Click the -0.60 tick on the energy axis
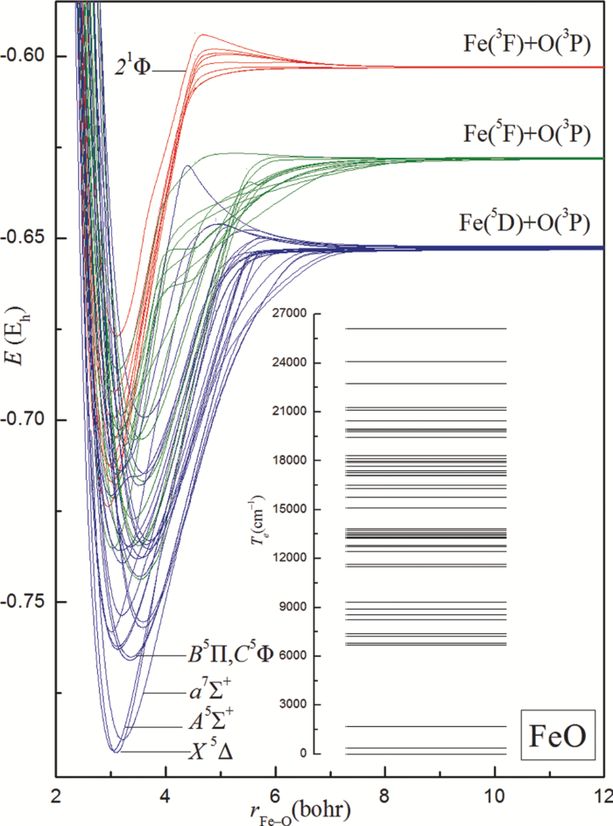(x=28, y=56)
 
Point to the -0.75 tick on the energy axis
(x=28, y=602)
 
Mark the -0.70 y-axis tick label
(x=28, y=420)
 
